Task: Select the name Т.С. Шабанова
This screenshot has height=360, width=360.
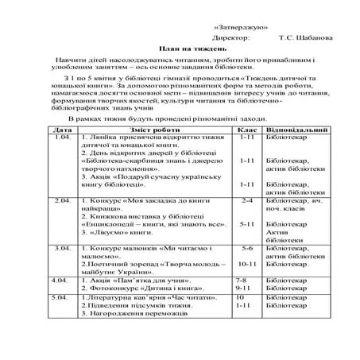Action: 306,37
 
